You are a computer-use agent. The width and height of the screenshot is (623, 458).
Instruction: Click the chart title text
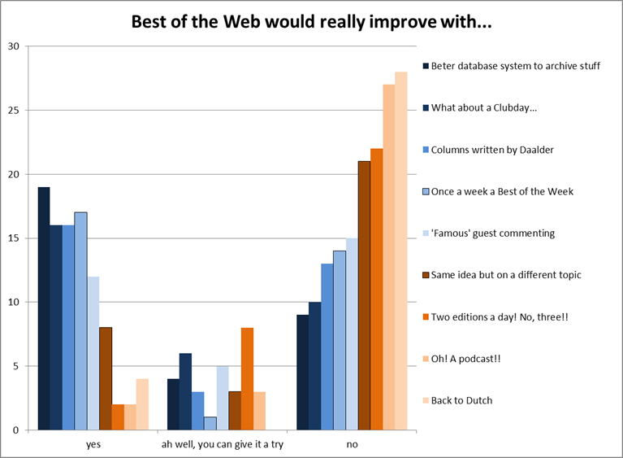311,21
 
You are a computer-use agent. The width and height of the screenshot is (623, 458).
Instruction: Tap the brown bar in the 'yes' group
105,378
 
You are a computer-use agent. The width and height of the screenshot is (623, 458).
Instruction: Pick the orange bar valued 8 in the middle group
247,378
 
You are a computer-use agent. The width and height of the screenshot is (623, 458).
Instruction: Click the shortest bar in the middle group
210,423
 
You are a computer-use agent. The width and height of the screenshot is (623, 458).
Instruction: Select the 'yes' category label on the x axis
93,444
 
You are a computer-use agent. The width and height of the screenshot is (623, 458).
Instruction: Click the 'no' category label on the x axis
352,444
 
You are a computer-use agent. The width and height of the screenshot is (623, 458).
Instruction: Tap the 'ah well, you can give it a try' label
223,444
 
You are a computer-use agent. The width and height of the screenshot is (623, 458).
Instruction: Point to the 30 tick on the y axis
13,46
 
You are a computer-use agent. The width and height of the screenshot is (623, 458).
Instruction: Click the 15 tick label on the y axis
13,238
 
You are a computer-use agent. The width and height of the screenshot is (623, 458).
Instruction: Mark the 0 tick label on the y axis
16,430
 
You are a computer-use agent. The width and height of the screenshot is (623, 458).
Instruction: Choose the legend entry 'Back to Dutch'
461,400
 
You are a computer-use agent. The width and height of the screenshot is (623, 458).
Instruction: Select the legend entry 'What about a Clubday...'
483,108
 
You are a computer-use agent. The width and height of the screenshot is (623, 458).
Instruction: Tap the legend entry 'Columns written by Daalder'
492,150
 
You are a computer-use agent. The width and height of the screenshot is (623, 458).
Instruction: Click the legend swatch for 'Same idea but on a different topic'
425,275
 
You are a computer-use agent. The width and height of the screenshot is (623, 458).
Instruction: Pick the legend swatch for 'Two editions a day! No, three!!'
425,317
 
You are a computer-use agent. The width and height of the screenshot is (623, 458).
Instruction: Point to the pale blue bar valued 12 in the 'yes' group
93,353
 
